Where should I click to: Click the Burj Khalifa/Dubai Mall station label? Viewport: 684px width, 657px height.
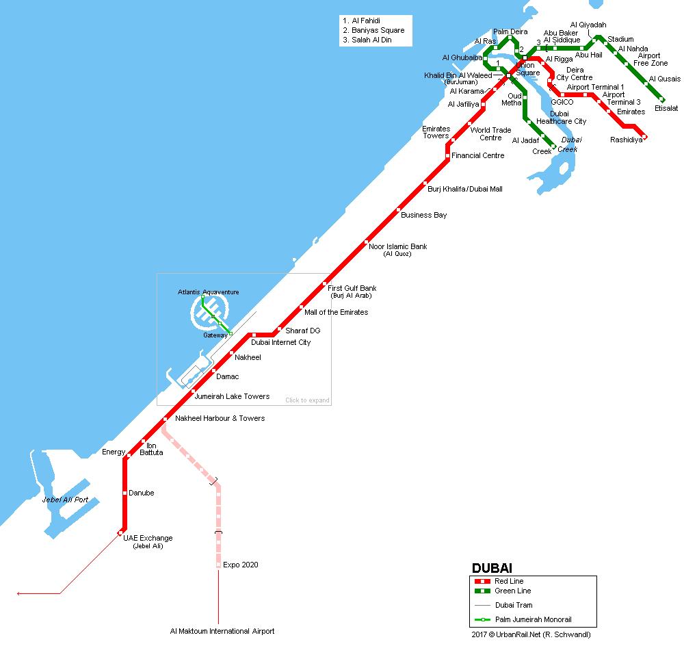tap(465, 189)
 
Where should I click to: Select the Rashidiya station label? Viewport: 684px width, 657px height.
tap(627, 140)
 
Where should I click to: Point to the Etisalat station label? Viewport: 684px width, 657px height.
tap(666, 108)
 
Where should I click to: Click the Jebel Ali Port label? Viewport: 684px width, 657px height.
tap(65, 500)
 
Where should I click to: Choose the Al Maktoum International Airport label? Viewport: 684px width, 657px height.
tap(222, 631)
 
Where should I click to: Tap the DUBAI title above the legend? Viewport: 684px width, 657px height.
tap(492, 568)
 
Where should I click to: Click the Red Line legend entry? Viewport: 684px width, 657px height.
tap(509, 581)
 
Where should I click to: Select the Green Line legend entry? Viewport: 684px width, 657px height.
tap(513, 591)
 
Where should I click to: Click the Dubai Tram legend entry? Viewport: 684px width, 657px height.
tap(514, 605)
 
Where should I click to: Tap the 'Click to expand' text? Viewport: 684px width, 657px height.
tap(307, 400)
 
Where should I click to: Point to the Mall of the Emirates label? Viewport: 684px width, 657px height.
tap(336, 312)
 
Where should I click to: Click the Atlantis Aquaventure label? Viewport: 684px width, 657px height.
tap(209, 292)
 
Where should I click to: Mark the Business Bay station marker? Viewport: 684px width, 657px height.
tap(399, 210)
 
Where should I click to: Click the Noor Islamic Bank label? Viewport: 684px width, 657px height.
tap(397, 246)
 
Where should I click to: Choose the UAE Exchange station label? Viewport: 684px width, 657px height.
tap(148, 538)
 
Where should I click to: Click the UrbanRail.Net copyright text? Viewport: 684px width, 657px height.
tap(531, 634)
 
